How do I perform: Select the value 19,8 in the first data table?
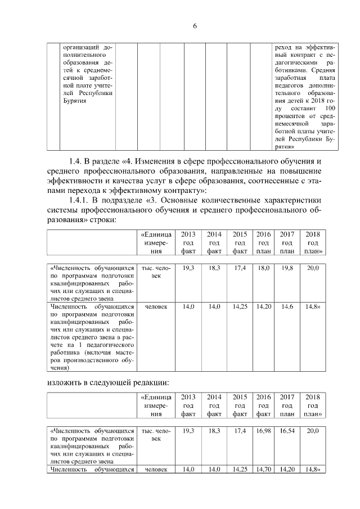pos(287,269)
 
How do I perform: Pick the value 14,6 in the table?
pos(287,307)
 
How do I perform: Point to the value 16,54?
pos(287,430)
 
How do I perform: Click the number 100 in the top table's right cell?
pos(331,107)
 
